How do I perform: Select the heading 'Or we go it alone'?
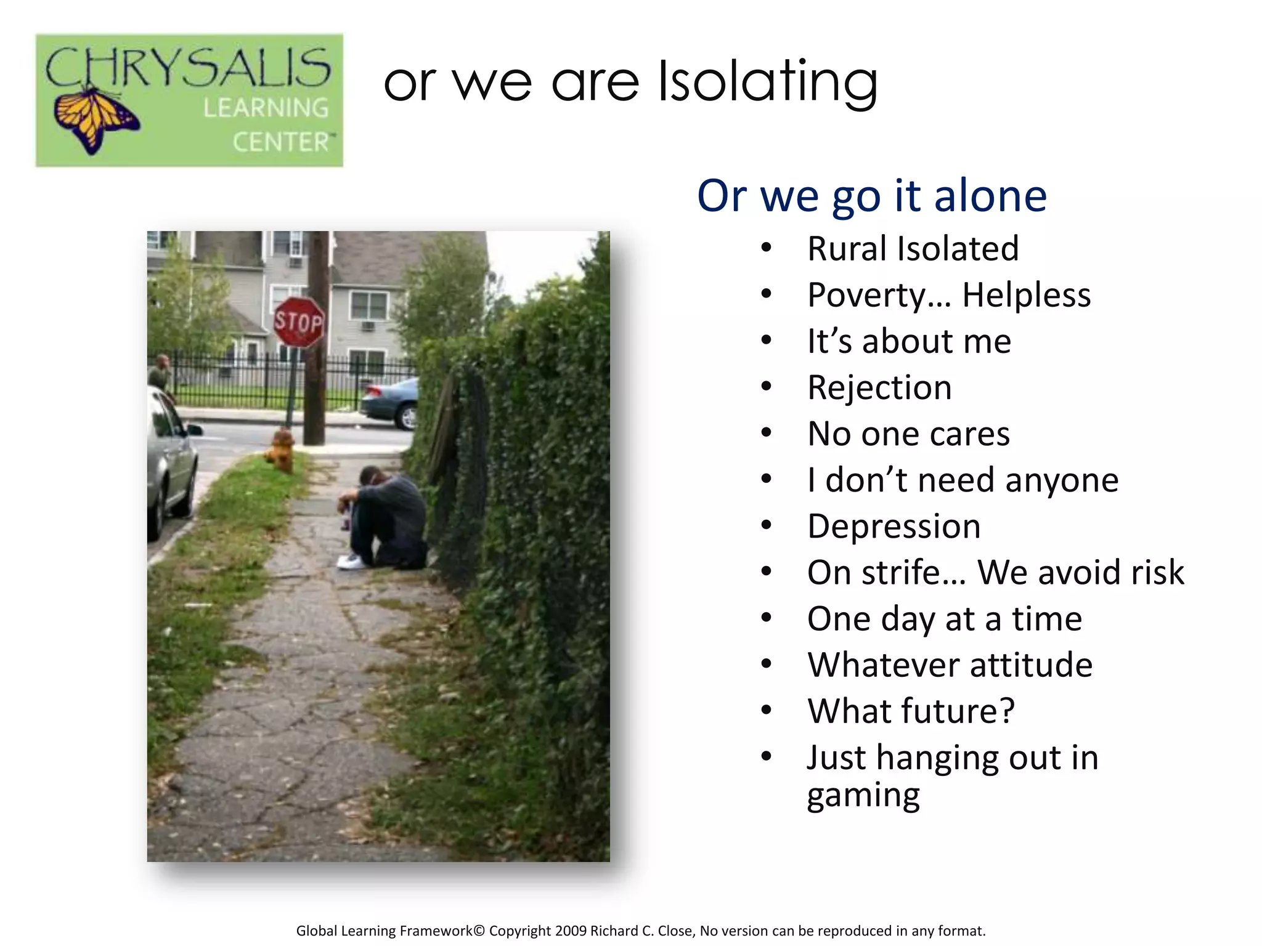tap(871, 196)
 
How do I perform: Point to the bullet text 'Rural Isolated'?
tap(913, 249)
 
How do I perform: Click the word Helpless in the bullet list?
tap(1026, 295)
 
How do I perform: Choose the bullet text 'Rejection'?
tap(879, 388)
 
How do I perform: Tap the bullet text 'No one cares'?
tap(908, 434)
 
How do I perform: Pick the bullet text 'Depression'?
tap(894, 527)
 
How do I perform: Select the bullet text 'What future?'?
tap(911, 711)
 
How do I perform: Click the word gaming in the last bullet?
tap(863, 796)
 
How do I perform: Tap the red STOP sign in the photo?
tap(299, 321)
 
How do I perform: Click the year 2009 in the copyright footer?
tap(571, 931)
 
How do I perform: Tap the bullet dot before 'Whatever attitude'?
tap(766, 664)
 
